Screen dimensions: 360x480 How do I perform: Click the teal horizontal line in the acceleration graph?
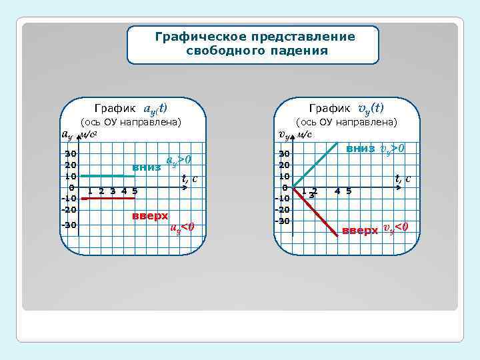[x=107, y=175]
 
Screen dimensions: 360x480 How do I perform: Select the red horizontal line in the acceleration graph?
[x=107, y=198]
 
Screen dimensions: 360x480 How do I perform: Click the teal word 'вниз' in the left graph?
[x=146, y=167]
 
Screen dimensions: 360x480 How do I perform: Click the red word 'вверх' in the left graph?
[x=150, y=216]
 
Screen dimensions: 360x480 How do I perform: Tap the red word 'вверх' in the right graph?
[x=359, y=231]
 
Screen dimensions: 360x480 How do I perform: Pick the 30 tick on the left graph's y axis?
[x=70, y=155]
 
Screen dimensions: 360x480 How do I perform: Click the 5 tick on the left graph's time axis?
[x=135, y=191]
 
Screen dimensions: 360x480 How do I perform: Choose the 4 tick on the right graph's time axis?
[x=337, y=191]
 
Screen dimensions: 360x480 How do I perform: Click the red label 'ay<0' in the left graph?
[x=181, y=228]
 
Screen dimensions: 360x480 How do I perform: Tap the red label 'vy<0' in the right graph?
[x=394, y=229]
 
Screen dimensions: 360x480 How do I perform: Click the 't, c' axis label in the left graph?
[x=191, y=179]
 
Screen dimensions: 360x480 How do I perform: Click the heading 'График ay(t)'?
[x=131, y=108]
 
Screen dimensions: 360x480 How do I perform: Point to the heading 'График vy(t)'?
[x=346, y=108]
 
